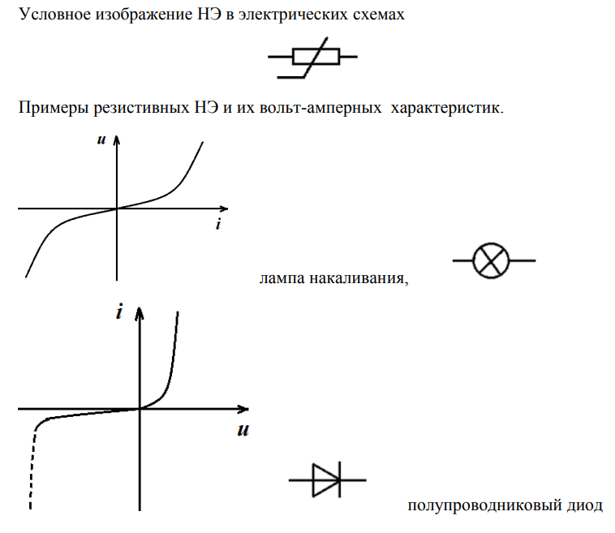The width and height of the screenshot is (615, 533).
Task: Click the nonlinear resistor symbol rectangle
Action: coord(316,57)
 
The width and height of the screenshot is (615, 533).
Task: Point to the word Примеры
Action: coord(54,108)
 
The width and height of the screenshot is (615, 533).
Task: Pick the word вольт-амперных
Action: coord(320,108)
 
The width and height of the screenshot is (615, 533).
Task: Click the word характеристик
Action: coord(447,108)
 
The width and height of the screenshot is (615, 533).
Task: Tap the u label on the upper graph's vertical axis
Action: coord(101,140)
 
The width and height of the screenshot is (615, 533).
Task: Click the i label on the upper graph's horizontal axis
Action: coord(218,224)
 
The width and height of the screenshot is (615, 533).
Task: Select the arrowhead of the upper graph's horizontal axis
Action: coord(226,208)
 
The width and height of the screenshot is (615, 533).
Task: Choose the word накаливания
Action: coord(359,278)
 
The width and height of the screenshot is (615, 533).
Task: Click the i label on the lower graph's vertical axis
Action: coord(119,312)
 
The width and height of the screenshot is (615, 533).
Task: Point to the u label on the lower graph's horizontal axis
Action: coord(243,430)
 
